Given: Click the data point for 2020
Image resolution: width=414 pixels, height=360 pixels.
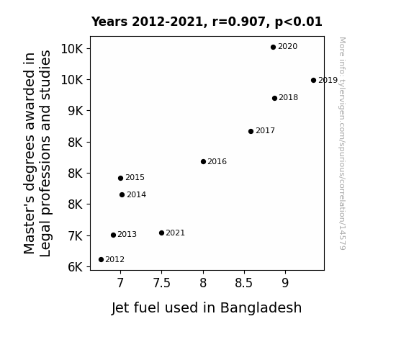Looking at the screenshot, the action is (x=274, y=48).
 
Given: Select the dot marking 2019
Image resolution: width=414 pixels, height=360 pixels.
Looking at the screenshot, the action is (x=313, y=81).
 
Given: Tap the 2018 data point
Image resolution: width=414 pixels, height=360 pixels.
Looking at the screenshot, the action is (x=274, y=98).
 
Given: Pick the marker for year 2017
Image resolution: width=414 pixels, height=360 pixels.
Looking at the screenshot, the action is (x=251, y=131).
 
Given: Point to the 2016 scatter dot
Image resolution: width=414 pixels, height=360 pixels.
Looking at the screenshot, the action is (x=203, y=162).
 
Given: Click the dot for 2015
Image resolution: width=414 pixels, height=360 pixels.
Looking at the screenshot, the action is (x=121, y=179).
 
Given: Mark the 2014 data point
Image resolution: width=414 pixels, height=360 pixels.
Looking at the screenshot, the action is (x=122, y=195).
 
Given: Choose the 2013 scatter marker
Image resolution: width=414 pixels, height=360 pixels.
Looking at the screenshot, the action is (x=114, y=235).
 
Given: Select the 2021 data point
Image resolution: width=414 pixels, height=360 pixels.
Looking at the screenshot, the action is (x=161, y=233).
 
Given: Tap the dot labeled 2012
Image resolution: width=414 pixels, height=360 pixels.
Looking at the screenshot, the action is (x=101, y=260).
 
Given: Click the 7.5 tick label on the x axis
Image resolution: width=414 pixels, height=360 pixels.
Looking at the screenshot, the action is (x=162, y=283).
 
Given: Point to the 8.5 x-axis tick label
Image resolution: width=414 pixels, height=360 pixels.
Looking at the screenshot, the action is (x=244, y=283).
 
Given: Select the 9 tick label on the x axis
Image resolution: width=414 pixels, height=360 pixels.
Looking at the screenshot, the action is (x=285, y=283).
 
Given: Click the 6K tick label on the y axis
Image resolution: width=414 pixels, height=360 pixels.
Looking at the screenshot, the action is (x=76, y=267).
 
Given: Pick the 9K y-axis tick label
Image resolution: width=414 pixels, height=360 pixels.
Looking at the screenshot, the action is (x=76, y=111).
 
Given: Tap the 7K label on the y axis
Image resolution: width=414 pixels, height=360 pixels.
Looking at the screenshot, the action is (x=76, y=236).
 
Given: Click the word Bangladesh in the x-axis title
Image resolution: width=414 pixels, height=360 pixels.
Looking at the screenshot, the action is (x=261, y=307).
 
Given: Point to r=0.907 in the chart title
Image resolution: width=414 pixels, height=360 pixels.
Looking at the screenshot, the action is (x=239, y=22).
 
